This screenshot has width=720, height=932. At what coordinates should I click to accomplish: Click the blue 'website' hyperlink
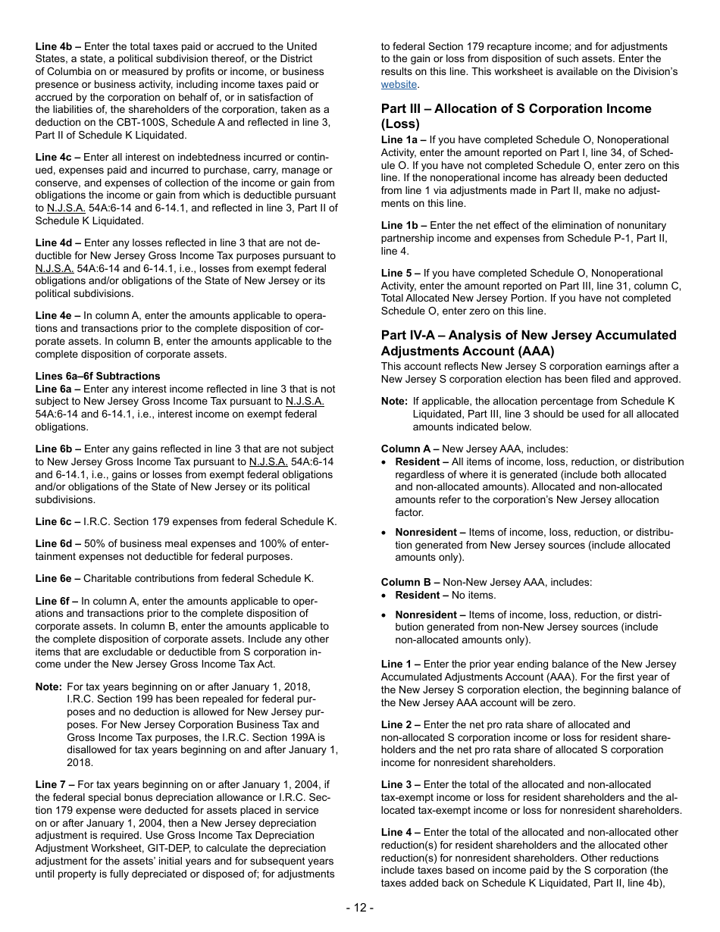[399, 84]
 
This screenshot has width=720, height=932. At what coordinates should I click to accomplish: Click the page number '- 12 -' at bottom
[360, 908]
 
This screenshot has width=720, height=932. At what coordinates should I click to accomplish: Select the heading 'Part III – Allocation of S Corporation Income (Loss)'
[515, 116]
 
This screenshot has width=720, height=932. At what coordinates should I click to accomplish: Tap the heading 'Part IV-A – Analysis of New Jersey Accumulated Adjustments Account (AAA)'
[528, 342]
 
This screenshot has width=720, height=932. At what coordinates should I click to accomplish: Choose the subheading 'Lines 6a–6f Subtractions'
[98, 376]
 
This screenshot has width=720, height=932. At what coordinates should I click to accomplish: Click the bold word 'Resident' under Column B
[417, 595]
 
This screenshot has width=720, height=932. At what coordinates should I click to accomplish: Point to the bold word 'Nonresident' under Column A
[426, 532]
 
